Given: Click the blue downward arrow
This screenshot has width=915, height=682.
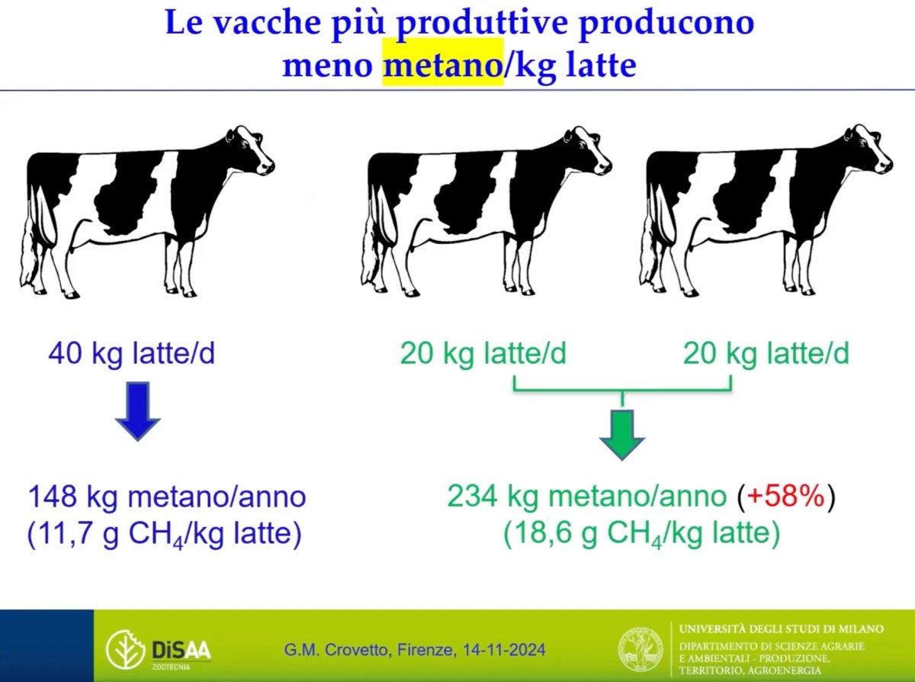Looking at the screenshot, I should coord(138,410).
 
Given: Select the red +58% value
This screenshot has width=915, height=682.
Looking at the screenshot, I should coord(785,497).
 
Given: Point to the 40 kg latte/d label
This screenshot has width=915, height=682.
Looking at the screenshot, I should coord(131,354).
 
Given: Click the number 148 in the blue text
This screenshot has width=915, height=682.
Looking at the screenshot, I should coord(53,497).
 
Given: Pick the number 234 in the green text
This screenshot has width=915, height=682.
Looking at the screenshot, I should coord(471,497).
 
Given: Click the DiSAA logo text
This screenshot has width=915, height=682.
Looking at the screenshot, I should coord(181,650).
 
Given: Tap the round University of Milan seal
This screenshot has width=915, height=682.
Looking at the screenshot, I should coord(640,649).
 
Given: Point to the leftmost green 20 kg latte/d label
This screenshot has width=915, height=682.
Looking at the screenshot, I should coord(483,354).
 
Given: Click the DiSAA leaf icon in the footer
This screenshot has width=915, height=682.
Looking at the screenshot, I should coord(125,649).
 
